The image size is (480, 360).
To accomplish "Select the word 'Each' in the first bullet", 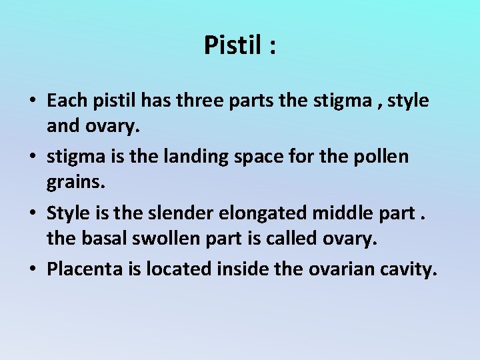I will (65, 101).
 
